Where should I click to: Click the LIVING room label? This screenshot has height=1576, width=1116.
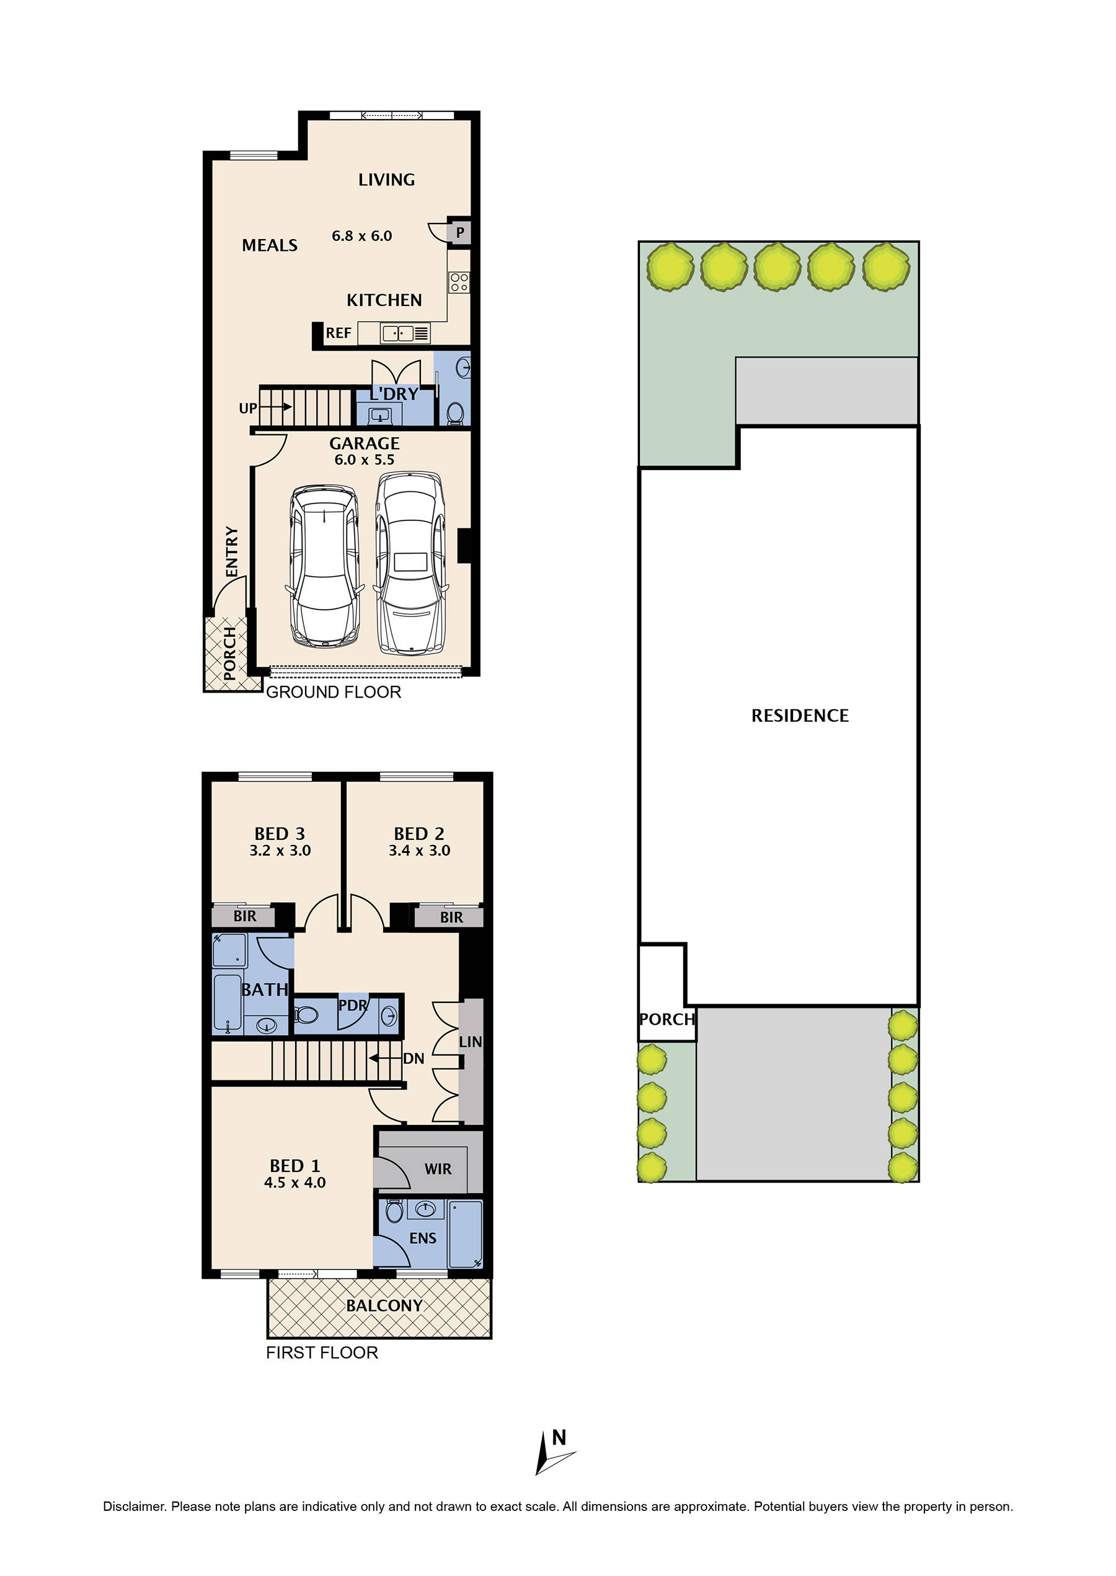tap(386, 180)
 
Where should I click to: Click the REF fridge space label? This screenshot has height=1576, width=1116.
tap(338, 333)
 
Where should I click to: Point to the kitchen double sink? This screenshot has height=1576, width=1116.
tap(398, 334)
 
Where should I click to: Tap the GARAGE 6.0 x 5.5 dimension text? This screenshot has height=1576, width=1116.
tap(364, 460)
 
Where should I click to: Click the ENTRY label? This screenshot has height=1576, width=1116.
tap(232, 551)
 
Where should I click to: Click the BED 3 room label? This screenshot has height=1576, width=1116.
tap(280, 834)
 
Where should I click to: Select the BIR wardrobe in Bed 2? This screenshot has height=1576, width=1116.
tap(451, 917)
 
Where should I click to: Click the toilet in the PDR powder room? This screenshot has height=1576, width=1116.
tap(306, 1014)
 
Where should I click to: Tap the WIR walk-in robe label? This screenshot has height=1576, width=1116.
tap(438, 1170)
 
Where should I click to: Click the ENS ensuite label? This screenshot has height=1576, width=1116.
tap(423, 1238)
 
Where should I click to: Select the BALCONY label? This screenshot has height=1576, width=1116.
tap(384, 1305)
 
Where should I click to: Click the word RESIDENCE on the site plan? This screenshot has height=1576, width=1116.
tap(800, 716)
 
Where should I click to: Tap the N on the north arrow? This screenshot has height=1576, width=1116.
tap(559, 1437)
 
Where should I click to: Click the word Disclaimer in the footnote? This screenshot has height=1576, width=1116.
tap(134, 1507)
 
